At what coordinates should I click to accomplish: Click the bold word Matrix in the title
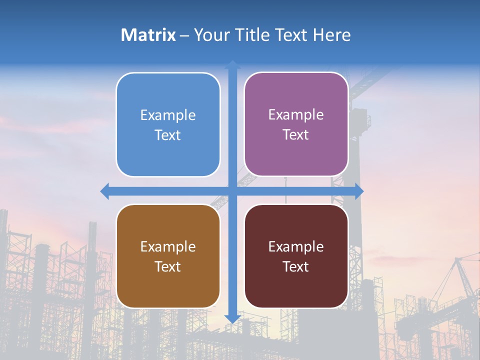coord(148,35)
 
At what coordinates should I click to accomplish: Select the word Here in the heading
coord(331,35)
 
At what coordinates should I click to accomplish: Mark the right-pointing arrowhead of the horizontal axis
coord(358,191)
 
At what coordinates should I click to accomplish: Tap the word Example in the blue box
coord(168,115)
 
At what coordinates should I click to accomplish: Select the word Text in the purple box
coord(296,135)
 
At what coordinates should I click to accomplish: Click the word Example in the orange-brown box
coord(168,246)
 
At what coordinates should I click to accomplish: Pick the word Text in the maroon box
coord(296,266)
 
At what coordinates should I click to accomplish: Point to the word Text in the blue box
coord(168,135)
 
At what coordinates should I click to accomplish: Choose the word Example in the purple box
coord(296,115)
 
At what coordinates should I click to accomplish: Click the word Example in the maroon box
coord(296,246)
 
